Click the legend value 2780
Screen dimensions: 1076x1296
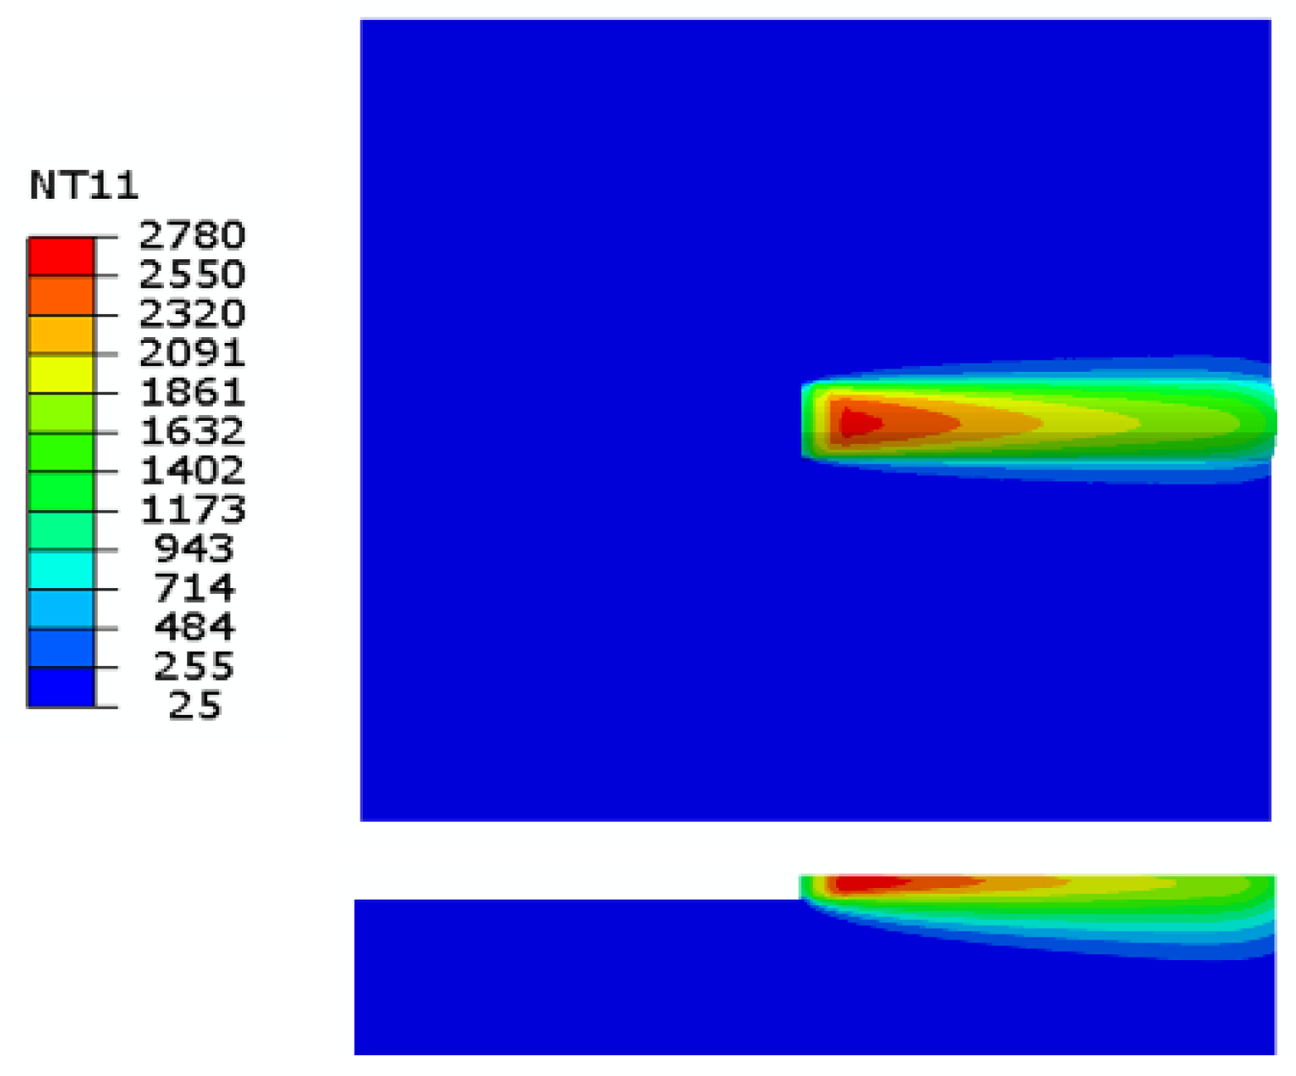pyautogui.click(x=191, y=236)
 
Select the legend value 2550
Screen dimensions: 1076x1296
pyautogui.click(x=191, y=275)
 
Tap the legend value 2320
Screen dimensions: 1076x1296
pyautogui.click(x=191, y=314)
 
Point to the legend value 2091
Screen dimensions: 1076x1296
pyautogui.click(x=191, y=354)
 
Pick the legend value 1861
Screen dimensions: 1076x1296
pyautogui.click(x=191, y=393)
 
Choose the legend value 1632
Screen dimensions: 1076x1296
pyautogui.click(x=191, y=432)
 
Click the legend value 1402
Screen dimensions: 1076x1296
pyautogui.click(x=191, y=471)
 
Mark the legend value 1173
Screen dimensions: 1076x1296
pyautogui.click(x=191, y=510)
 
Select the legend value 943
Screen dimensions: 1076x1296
pyautogui.click(x=195, y=549)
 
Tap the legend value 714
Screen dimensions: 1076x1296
pyautogui.click(x=195, y=589)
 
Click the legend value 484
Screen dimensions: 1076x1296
pyautogui.click(x=195, y=628)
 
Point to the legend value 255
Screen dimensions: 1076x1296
pyautogui.click(x=195, y=667)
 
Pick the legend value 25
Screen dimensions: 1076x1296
pyautogui.click(x=195, y=706)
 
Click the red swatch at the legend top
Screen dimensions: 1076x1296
pyautogui.click(x=61, y=257)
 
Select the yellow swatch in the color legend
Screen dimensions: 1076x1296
pyautogui.click(x=61, y=374)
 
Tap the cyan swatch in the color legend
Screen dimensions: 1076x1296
pyautogui.click(x=61, y=570)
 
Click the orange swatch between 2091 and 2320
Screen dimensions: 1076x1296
pyautogui.click(x=61, y=335)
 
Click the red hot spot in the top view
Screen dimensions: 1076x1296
pyautogui.click(x=858, y=423)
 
